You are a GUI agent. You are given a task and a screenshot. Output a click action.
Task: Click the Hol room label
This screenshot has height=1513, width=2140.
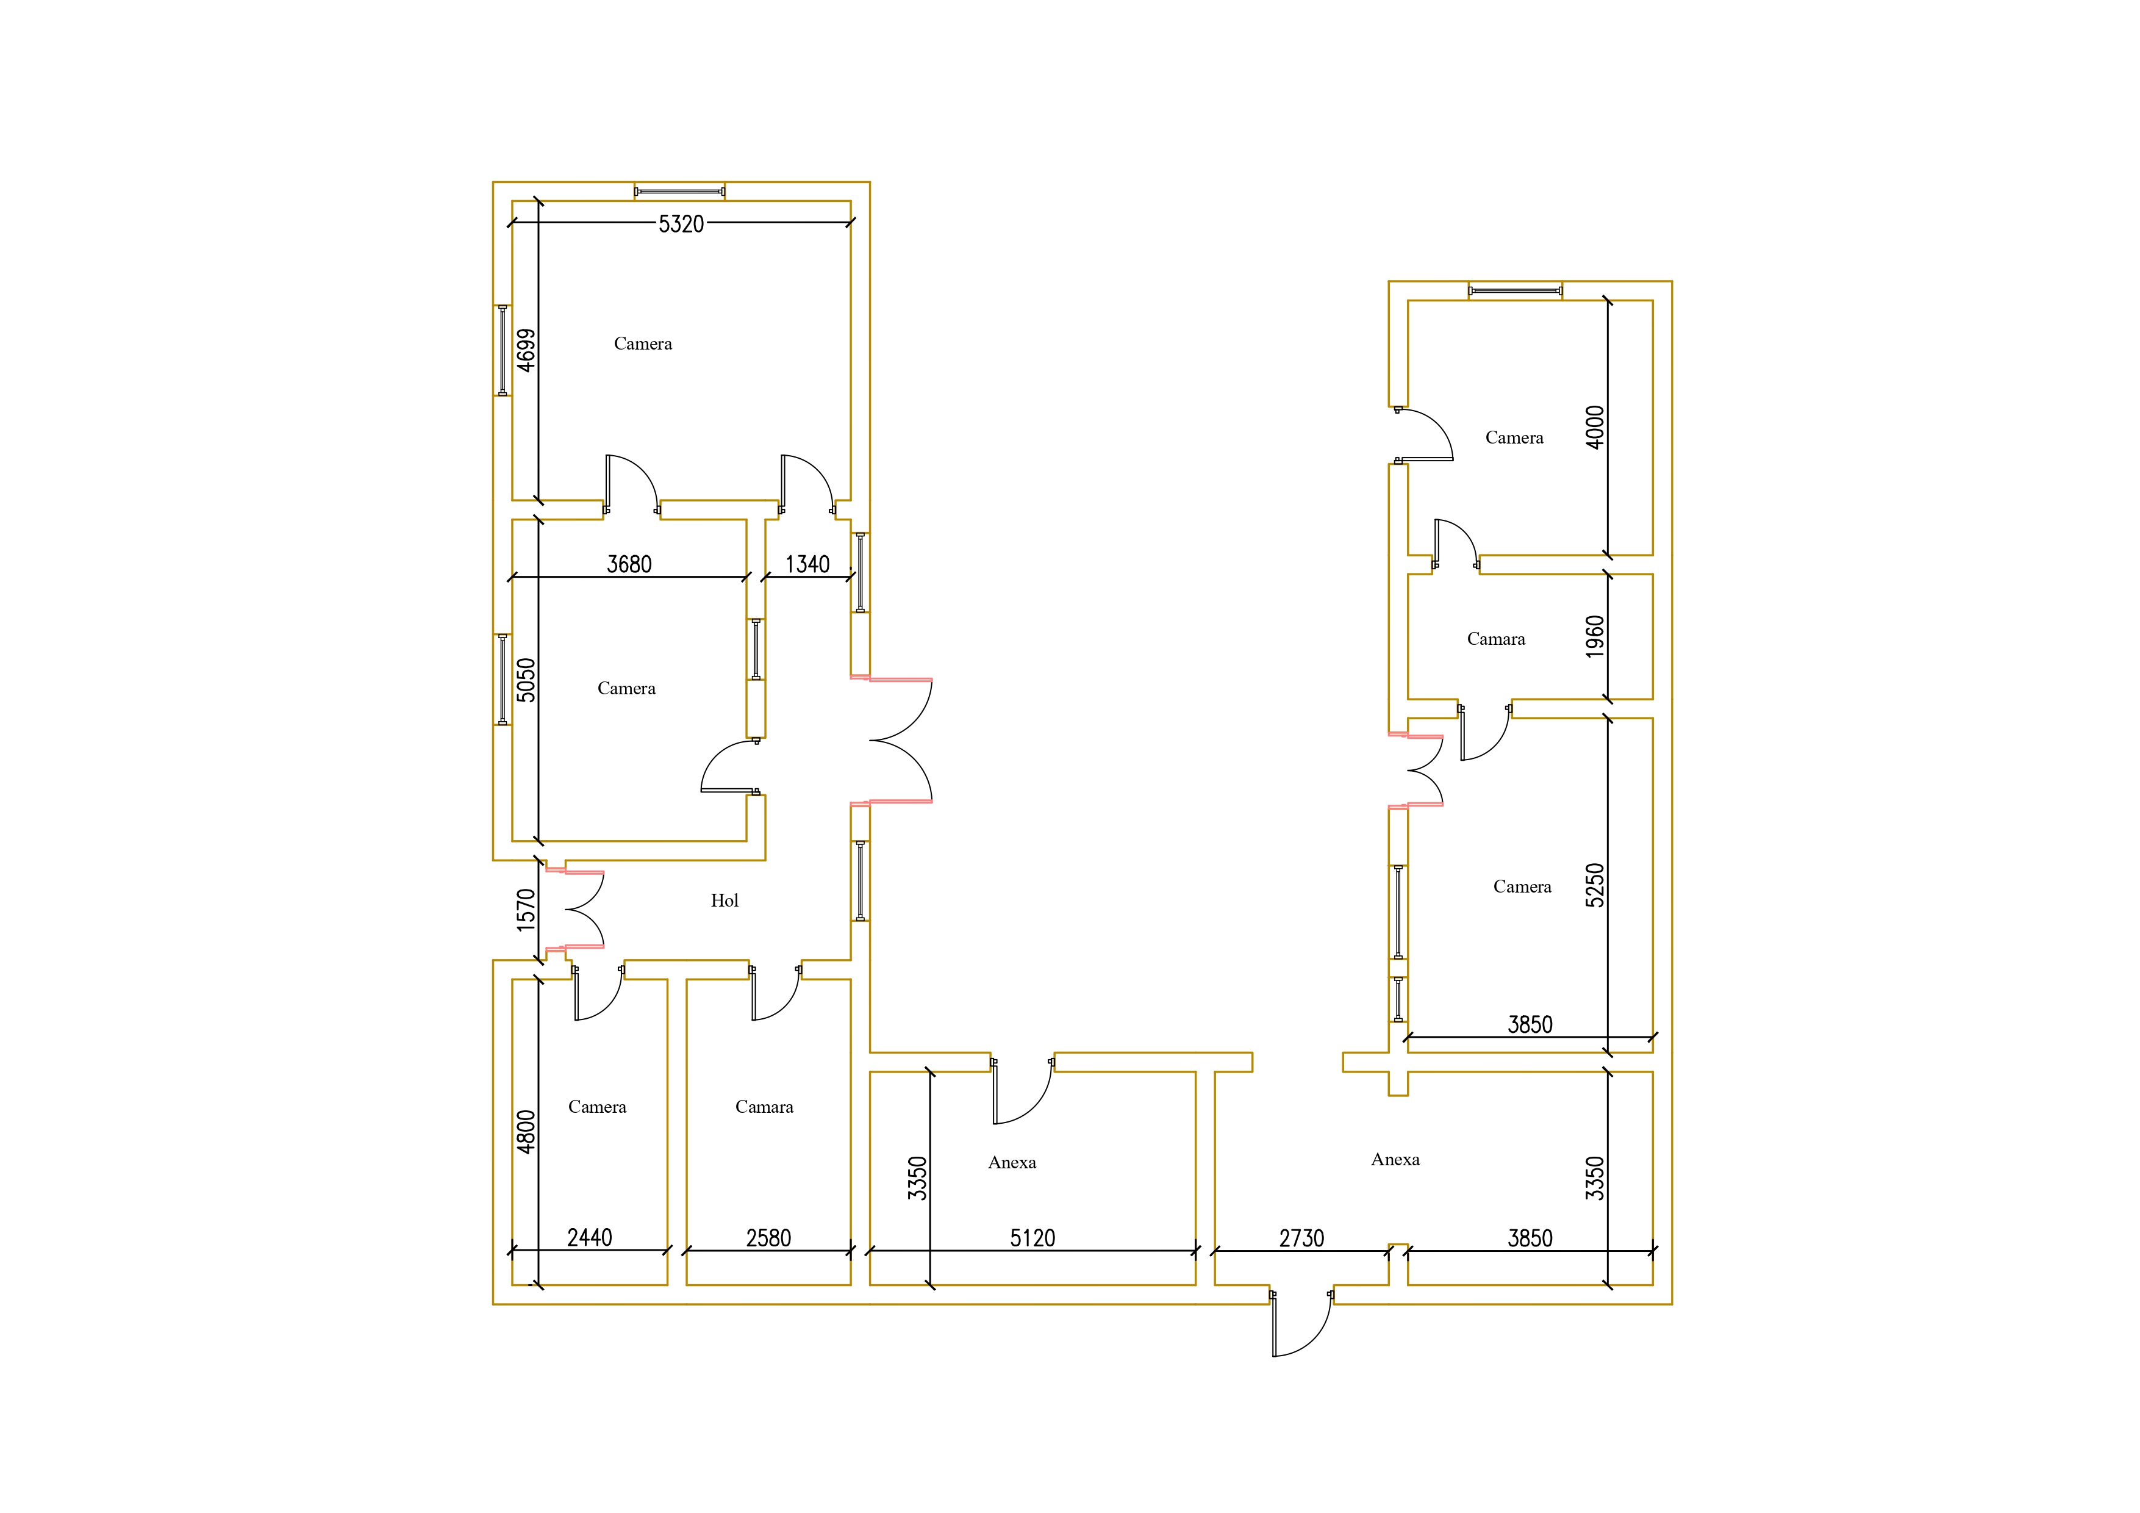[x=724, y=900]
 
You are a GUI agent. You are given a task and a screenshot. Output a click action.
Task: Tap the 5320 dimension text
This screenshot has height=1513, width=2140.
[x=681, y=224]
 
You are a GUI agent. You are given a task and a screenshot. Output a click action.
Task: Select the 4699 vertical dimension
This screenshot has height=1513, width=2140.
[x=526, y=351]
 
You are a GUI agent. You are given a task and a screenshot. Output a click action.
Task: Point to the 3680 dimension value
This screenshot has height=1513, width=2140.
[x=629, y=564]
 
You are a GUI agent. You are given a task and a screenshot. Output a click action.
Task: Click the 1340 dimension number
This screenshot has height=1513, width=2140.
[x=807, y=564]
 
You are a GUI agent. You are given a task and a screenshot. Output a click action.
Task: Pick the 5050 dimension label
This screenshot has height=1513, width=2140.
[x=526, y=680]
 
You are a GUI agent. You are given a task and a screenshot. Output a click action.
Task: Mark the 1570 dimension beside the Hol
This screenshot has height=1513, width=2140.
[x=526, y=910]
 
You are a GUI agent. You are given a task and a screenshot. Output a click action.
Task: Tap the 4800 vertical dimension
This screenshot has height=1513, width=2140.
[x=526, y=1132]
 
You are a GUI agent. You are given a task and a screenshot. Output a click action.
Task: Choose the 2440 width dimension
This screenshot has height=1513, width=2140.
[x=590, y=1238]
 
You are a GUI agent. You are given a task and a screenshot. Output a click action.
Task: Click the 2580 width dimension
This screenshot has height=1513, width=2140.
[x=768, y=1238]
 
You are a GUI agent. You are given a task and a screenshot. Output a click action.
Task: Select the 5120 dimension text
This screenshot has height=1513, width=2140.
[x=1032, y=1238]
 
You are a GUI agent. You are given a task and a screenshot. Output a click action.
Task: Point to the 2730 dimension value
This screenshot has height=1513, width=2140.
[x=1301, y=1238]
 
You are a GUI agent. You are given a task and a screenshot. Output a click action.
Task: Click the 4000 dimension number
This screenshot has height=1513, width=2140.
[x=1595, y=427]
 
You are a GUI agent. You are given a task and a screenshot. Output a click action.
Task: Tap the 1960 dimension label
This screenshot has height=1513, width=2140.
[x=1595, y=637]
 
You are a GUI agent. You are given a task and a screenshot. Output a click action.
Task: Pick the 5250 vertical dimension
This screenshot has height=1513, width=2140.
[x=1595, y=886]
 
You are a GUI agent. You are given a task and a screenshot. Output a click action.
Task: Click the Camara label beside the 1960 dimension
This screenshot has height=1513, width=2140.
[x=1496, y=639]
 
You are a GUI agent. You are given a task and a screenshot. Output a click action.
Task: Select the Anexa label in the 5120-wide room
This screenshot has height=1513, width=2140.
[x=1012, y=1162]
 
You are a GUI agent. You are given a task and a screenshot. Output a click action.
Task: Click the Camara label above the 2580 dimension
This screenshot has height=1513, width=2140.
[x=764, y=1107]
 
